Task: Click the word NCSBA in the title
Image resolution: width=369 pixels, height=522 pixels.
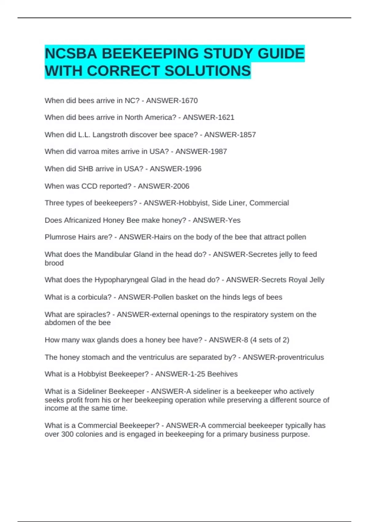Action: pyautogui.click(x=71, y=54)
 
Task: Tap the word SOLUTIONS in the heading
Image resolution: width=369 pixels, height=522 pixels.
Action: pyautogui.click(x=208, y=71)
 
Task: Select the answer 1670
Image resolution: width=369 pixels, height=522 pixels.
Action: pyautogui.click(x=189, y=101)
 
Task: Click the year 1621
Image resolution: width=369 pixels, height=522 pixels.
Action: pyautogui.click(x=226, y=117)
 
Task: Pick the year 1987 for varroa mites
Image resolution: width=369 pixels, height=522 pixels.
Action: pyautogui.click(x=219, y=152)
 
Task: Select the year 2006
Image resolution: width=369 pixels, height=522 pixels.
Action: pyautogui.click(x=181, y=186)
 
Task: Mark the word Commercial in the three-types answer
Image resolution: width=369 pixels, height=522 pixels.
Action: pyautogui.click(x=269, y=203)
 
